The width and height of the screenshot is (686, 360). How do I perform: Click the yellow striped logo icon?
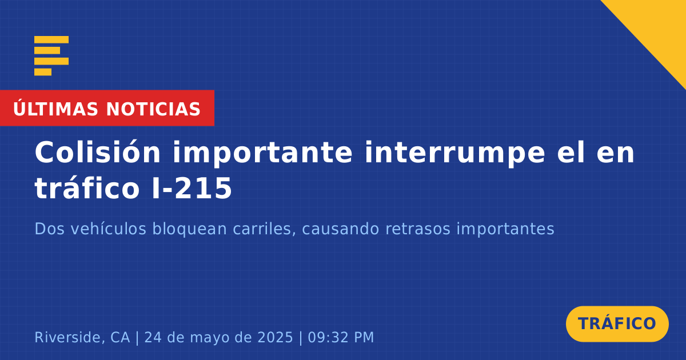51,56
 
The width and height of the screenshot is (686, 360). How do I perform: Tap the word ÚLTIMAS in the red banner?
55,109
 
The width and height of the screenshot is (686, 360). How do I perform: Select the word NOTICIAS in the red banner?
153,109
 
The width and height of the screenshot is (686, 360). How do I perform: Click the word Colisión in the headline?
98,152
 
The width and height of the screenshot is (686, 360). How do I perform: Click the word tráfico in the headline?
87,187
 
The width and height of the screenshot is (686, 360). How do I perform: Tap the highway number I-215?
192,188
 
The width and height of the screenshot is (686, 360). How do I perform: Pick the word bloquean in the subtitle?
189,229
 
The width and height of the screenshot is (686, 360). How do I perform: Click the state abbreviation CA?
120,337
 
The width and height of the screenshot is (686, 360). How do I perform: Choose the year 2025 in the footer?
276,337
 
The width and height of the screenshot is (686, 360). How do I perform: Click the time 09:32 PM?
341,337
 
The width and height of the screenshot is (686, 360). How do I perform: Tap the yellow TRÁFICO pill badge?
617,324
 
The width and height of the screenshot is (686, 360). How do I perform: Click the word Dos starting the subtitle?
49,229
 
